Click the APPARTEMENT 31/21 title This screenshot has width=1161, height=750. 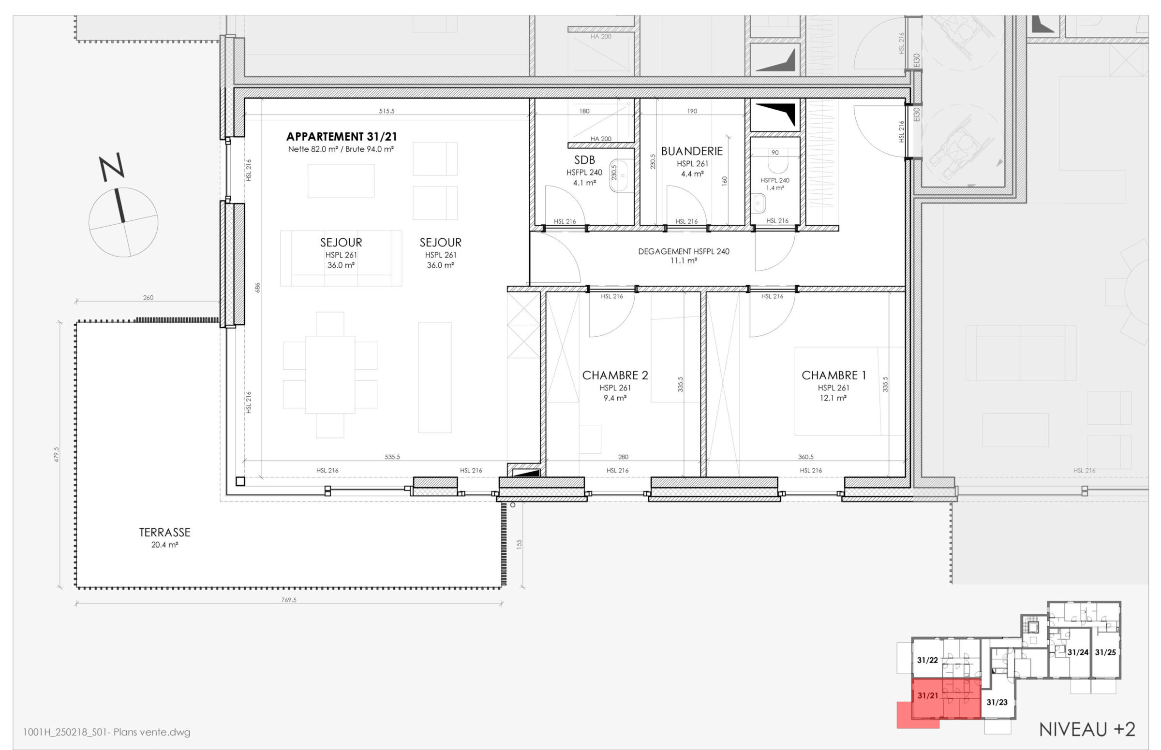pos(341,136)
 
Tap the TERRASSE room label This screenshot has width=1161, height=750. pos(165,533)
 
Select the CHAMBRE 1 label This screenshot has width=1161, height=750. pos(834,375)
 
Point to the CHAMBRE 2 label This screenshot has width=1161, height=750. pos(615,375)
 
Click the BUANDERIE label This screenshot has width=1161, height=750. pos(692,151)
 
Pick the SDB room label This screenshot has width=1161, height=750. pos(584,160)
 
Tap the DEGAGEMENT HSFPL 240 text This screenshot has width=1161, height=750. pos(684,251)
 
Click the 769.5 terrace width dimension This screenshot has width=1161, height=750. pos(288,600)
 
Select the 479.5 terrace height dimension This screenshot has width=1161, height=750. pos(57,454)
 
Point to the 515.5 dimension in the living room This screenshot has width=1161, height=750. pos(387,111)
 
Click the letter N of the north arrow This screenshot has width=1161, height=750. pos(112,167)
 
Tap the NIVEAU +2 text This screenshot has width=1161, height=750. pos(1087,730)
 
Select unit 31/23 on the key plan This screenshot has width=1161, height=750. pos(997,702)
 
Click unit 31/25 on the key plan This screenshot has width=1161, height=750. pos(1105,652)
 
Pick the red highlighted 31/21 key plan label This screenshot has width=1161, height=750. pos(927,695)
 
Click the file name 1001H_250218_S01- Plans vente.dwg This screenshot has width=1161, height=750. pos(107,732)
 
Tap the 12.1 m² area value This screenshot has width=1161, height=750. pos(833,398)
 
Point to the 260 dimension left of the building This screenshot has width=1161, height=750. pos(148,298)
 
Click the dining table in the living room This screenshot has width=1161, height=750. pos(330,375)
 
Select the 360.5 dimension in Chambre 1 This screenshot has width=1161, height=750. pos(805,457)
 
